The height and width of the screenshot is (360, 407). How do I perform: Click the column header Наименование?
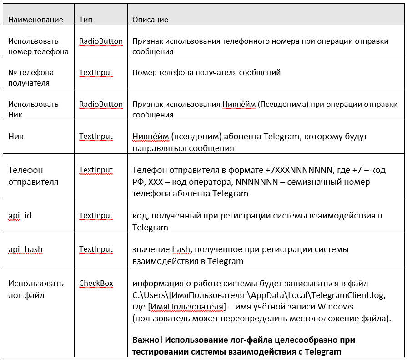point(35,20)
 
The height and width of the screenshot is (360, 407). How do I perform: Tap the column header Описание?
point(150,20)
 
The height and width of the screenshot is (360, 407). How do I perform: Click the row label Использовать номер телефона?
point(38,46)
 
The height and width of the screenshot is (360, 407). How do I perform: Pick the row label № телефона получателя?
point(31,78)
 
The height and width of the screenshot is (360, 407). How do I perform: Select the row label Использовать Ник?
point(33,110)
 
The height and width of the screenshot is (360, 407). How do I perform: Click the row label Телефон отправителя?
point(33,176)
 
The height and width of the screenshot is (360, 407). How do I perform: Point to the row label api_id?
point(20,215)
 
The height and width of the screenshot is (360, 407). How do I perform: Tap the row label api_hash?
point(25,249)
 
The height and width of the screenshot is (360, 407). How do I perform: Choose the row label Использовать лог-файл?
point(36,289)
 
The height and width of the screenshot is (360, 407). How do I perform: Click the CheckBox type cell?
point(96,283)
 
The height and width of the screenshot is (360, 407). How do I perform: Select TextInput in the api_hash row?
point(95,249)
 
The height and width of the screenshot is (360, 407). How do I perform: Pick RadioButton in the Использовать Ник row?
point(101,104)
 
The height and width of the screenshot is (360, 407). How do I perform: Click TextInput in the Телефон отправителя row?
point(95,170)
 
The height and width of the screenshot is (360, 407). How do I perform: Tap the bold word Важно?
point(147,340)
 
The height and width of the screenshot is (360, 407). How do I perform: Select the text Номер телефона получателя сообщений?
point(206,72)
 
